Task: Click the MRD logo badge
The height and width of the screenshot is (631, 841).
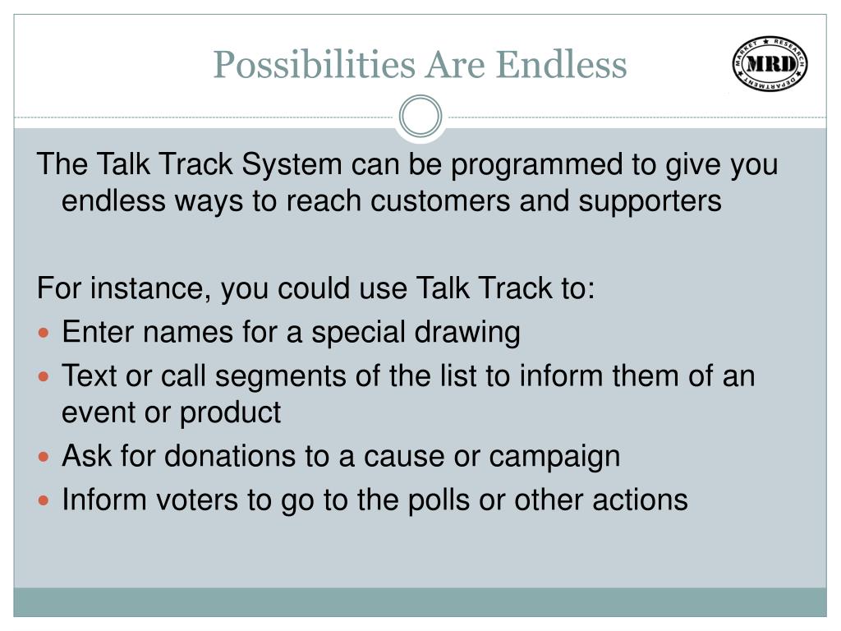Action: point(770,64)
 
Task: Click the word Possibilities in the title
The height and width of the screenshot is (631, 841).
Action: point(315,66)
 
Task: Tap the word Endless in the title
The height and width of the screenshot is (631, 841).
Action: point(561,64)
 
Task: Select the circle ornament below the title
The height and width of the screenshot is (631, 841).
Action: point(420,117)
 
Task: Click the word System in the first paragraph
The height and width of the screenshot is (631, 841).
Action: point(292,164)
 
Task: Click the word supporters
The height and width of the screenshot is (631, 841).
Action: point(650,203)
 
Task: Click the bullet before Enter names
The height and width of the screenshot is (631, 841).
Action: point(44,333)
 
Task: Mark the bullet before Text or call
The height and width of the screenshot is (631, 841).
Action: point(44,376)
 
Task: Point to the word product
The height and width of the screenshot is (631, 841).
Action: point(230,413)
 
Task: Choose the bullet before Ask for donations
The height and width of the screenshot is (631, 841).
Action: point(44,457)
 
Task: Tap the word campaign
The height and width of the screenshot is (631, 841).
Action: point(554,458)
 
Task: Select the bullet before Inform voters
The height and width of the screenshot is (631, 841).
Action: point(44,501)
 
